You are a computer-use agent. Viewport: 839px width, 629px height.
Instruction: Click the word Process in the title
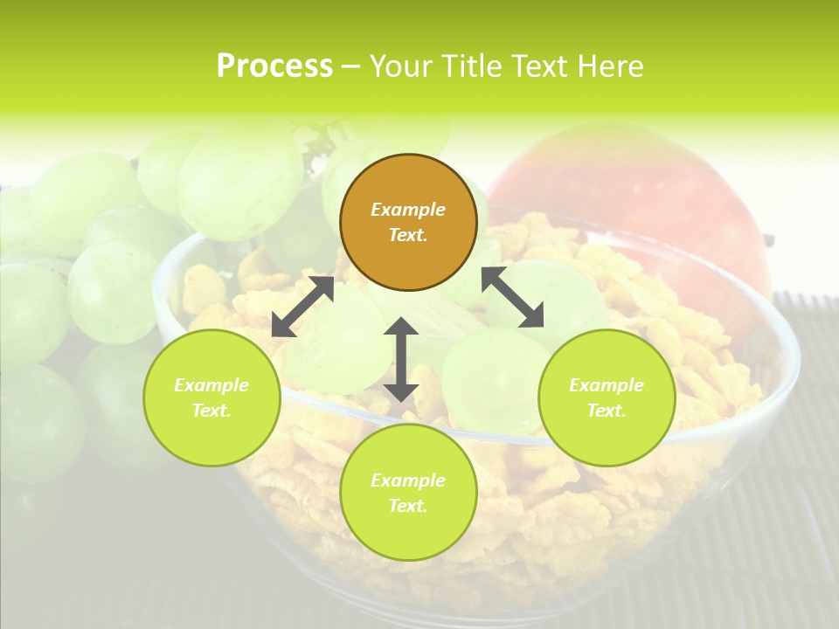(274, 66)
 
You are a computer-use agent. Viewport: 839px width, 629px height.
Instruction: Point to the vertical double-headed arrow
(401, 359)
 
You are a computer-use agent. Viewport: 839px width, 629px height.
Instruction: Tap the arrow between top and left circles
(302, 307)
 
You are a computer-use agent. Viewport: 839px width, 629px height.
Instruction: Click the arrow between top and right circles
(513, 297)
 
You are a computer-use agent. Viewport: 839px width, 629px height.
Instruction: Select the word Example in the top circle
(408, 210)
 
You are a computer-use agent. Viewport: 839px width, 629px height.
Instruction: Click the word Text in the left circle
(211, 411)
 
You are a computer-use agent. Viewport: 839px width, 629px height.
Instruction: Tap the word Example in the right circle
(607, 385)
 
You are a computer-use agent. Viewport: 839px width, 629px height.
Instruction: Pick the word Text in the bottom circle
(408, 506)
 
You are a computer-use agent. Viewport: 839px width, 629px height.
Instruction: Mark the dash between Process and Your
(351, 66)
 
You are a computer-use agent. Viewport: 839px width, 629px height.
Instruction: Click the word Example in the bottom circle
(408, 480)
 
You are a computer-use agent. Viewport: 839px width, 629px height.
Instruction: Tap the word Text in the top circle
(408, 235)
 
